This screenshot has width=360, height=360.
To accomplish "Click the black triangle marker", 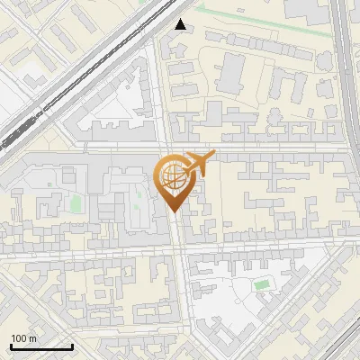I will point(182,24).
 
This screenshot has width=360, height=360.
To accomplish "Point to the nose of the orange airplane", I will point(212,157).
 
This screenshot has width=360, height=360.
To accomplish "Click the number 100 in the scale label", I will point(19,337).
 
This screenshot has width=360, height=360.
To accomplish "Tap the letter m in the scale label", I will point(32,337).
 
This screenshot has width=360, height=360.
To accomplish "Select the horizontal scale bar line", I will point(41,346).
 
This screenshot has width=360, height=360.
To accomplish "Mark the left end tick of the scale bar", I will point(11,346).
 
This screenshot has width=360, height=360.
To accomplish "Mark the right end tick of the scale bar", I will point(72,346).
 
